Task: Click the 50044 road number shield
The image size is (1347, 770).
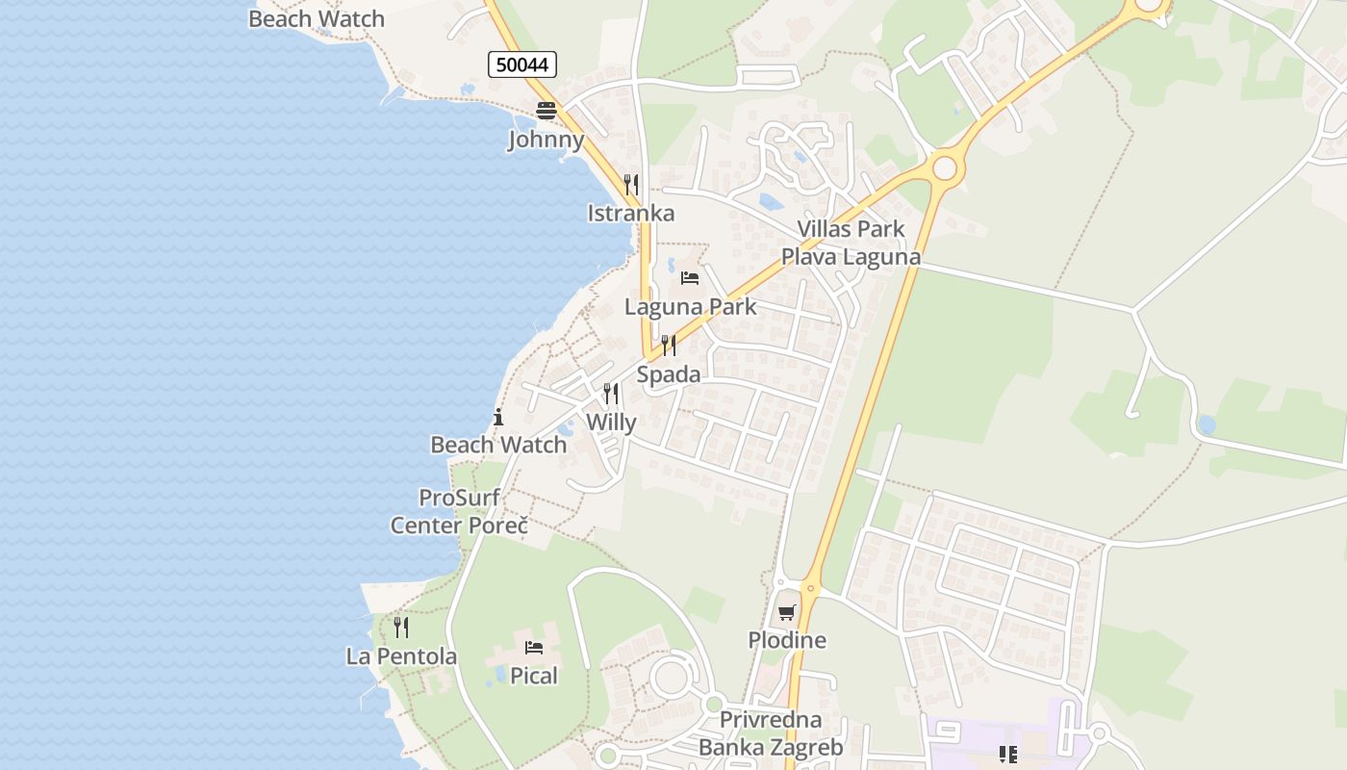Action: (522, 64)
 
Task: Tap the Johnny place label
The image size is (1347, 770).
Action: (546, 140)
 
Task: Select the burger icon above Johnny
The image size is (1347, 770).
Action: (546, 110)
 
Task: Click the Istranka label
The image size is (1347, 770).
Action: (631, 213)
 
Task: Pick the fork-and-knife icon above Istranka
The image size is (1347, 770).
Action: (631, 184)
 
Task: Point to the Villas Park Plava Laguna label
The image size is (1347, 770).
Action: (851, 243)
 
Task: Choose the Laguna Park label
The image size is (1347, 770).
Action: (690, 307)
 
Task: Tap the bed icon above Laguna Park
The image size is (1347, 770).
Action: (690, 278)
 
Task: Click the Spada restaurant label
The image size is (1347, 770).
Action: (669, 374)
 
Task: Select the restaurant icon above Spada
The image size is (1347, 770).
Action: (669, 346)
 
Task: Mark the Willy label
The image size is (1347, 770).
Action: (611, 422)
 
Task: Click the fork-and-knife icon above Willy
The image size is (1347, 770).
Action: (611, 394)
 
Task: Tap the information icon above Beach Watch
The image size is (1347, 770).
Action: (498, 417)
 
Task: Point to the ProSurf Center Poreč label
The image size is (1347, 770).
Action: (459, 512)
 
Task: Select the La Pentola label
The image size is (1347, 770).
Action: (401, 656)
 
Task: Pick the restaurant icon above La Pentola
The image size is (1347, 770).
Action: (401, 628)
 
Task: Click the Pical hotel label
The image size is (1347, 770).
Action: (534, 676)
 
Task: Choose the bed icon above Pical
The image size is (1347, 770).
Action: (534, 648)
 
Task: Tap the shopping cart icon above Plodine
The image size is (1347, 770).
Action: (787, 612)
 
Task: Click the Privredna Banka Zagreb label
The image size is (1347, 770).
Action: (771, 733)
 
